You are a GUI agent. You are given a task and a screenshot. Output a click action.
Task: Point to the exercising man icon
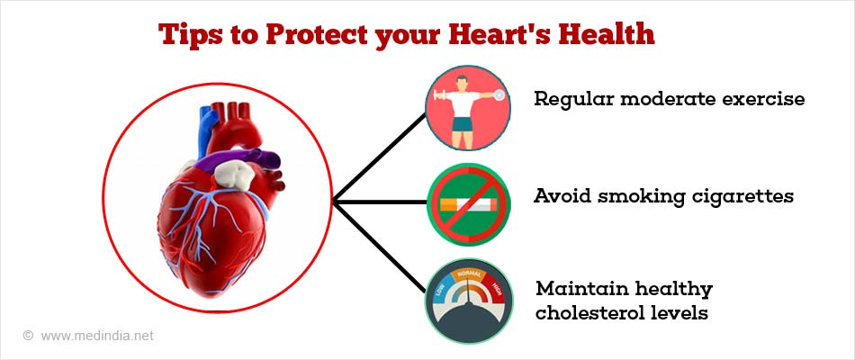point(466,105)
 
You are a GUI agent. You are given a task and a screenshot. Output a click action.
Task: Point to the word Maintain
point(573,290)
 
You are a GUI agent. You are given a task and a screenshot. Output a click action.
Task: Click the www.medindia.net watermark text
point(97,336)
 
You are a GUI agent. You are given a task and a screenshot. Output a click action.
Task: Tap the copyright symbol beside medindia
point(28,336)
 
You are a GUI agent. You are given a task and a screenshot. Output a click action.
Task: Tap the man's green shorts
point(465,135)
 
